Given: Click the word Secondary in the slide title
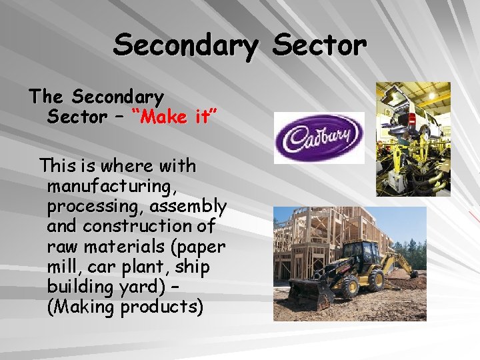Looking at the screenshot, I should click(x=185, y=46).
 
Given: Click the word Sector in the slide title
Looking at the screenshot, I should click(x=320, y=46).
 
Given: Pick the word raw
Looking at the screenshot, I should click(x=61, y=247).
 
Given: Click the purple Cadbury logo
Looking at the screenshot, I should click(x=319, y=137).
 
